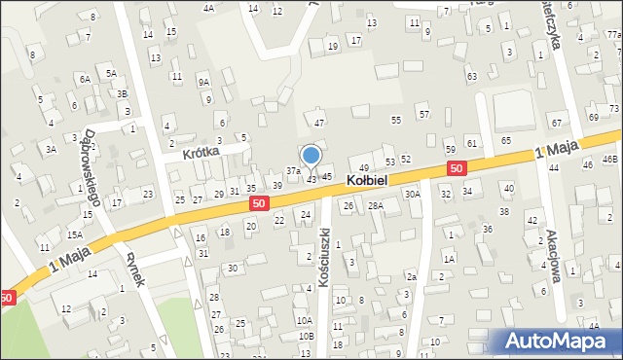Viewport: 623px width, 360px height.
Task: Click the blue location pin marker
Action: [x=311, y=156]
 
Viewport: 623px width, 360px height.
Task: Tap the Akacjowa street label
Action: [x=553, y=255]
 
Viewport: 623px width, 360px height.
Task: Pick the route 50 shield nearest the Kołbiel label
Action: [x=456, y=169]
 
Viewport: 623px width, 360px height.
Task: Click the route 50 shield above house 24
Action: [x=258, y=203]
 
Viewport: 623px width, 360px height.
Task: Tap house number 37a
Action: [x=292, y=171]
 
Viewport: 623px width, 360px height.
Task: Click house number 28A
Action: [x=376, y=205]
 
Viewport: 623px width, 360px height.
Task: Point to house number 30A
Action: [x=413, y=195]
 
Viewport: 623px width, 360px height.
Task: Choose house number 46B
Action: [x=610, y=159]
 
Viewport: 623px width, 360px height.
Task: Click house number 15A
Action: [x=74, y=234]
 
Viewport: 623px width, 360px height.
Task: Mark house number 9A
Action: [x=203, y=83]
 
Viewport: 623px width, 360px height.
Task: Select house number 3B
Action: [x=122, y=93]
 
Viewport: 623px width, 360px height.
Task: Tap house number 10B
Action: [x=307, y=336]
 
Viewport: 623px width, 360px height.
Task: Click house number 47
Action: [x=319, y=123]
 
